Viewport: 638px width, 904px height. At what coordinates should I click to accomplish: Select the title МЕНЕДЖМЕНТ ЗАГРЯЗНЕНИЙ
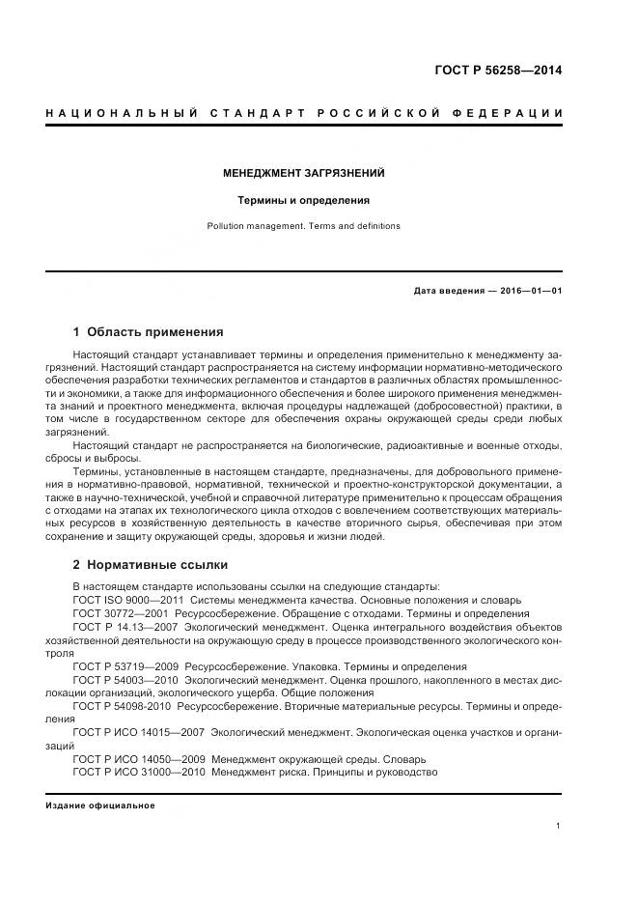[x=304, y=173]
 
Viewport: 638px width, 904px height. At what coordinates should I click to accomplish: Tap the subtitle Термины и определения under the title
[x=304, y=201]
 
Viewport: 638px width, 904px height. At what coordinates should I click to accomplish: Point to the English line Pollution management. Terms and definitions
[x=304, y=226]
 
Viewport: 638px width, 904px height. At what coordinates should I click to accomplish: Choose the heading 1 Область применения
[x=149, y=331]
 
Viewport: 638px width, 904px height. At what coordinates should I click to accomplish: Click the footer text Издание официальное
[x=100, y=805]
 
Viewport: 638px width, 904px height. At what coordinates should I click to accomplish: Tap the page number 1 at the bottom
[x=559, y=826]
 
